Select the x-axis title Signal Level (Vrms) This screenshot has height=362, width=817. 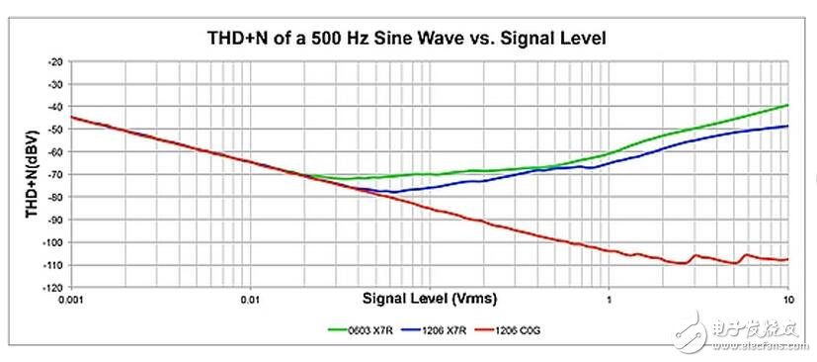click(x=429, y=297)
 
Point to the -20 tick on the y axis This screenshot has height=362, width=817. click(x=55, y=60)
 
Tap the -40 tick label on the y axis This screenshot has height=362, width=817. click(x=55, y=106)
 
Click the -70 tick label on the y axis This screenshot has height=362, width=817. click(x=55, y=173)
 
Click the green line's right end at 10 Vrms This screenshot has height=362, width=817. click(x=787, y=105)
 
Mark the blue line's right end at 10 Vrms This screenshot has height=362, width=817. click(x=787, y=126)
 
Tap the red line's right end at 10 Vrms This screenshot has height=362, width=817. click(x=787, y=259)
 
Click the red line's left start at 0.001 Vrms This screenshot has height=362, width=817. click(x=72, y=117)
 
